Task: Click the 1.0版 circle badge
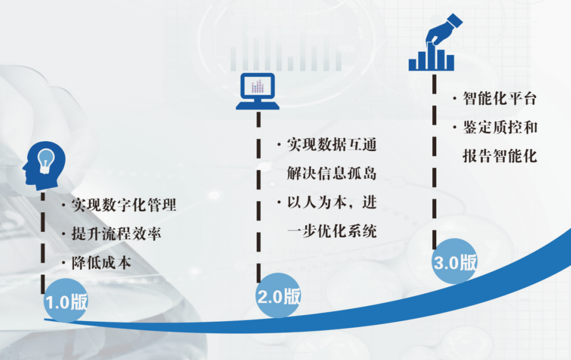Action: click(x=66, y=301)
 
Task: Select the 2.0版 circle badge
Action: click(x=279, y=295)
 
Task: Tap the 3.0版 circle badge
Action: click(x=455, y=261)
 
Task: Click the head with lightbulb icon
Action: click(x=44, y=166)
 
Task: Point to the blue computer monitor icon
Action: click(x=258, y=91)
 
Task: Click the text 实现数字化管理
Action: click(x=124, y=205)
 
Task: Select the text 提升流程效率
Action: click(x=116, y=234)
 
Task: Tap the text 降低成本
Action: click(x=101, y=263)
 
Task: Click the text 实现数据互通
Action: click(x=332, y=145)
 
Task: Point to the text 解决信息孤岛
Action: click(x=332, y=174)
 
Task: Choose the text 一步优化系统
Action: click(x=332, y=231)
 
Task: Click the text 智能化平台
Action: click(x=500, y=98)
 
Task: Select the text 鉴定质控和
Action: click(x=500, y=128)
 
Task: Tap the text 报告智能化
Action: click(x=500, y=156)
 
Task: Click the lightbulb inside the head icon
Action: click(x=46, y=161)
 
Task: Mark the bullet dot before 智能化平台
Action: click(x=455, y=98)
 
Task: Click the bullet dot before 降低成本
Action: click(x=64, y=263)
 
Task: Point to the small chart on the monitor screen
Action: click(x=258, y=86)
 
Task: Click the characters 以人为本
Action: click(x=317, y=202)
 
